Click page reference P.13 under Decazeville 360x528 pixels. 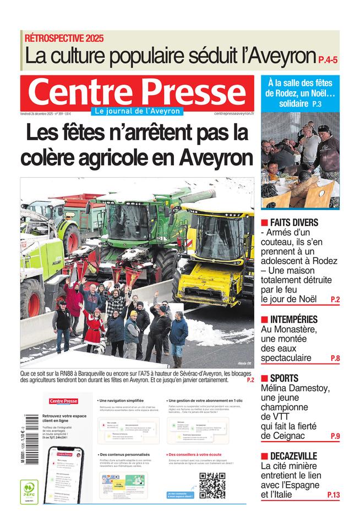333,495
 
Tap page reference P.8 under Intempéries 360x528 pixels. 335,359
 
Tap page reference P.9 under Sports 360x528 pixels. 335,436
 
